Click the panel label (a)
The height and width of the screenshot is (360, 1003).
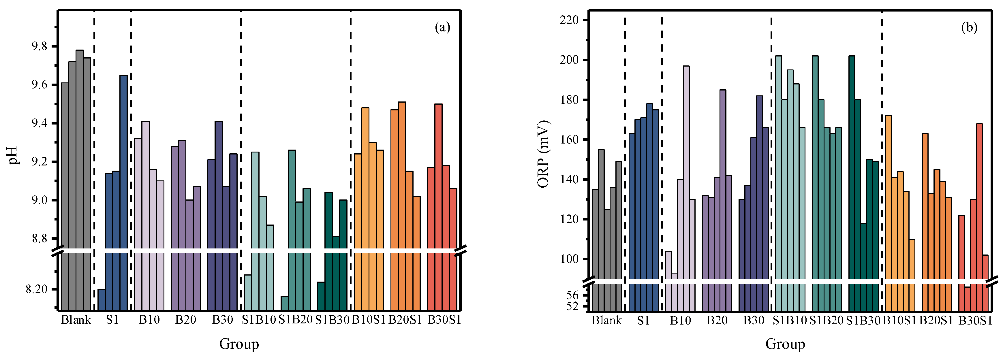pos(442,28)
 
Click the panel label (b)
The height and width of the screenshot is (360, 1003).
pos(969,28)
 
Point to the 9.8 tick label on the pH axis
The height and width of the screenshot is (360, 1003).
pos(39,47)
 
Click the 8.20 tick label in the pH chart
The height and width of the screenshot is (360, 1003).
pos(36,289)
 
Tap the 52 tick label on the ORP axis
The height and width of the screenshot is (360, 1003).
pos(572,307)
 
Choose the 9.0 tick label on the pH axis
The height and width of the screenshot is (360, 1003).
pos(39,200)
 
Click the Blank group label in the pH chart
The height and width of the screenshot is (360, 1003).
pos(76,320)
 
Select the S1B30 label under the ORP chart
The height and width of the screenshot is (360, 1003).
pos(863,321)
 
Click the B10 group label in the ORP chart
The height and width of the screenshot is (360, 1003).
pos(680,321)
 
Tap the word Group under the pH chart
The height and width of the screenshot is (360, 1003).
pos(239,344)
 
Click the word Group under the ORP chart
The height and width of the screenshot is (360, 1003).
pos(785,344)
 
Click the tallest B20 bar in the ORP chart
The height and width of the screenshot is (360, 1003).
pos(723,183)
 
